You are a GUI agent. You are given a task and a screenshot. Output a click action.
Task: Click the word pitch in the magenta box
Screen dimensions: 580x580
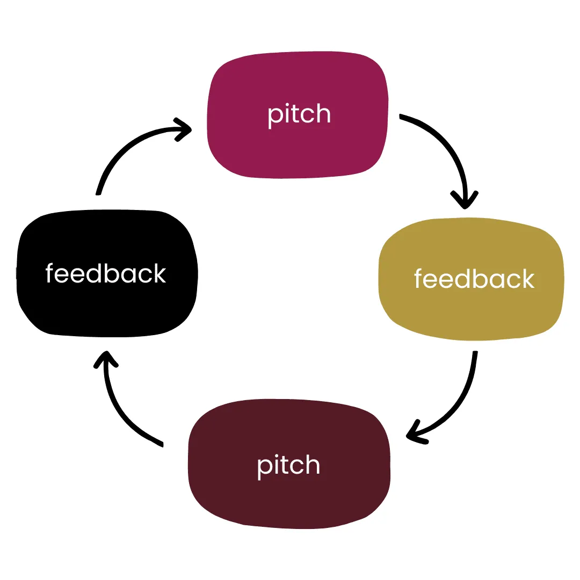(299, 114)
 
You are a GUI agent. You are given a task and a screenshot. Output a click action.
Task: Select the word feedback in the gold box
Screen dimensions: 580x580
(474, 279)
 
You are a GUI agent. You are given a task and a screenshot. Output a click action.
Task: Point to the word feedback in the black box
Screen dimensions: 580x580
(106, 273)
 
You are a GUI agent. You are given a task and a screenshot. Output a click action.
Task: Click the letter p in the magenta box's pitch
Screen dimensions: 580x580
(274, 117)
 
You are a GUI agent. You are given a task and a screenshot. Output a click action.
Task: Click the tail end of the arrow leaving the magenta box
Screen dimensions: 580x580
(401, 117)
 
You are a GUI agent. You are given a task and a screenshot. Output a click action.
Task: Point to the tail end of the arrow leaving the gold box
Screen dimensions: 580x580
(475, 353)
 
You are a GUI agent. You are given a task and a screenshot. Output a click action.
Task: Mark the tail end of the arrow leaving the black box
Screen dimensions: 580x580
(98, 192)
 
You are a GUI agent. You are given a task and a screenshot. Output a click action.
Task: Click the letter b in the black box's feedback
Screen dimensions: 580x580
(111, 273)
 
